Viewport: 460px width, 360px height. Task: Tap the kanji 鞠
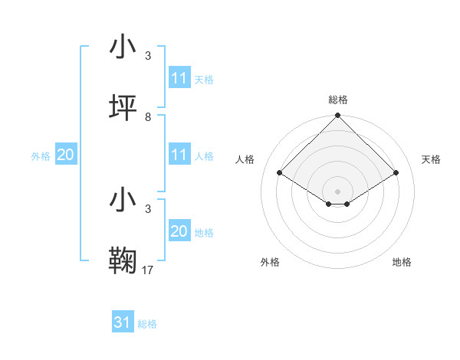[123, 259]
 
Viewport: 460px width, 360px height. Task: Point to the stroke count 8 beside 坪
[147, 116]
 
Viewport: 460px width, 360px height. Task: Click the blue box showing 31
[123, 322]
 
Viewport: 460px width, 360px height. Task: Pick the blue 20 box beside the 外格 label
[65, 155]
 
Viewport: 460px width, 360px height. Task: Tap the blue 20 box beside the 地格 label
[179, 231]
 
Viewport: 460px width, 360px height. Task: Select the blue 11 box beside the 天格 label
[179, 78]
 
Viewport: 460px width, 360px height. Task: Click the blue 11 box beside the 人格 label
[179, 155]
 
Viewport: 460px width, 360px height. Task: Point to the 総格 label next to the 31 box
[147, 324]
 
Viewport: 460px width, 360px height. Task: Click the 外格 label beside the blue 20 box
[41, 155]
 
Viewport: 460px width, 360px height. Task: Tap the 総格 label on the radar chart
[338, 100]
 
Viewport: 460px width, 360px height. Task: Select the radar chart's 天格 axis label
[431, 159]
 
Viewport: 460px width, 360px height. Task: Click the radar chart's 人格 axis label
[246, 159]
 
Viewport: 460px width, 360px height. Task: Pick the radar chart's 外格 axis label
[270, 262]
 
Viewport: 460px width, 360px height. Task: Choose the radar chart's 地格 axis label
[402, 262]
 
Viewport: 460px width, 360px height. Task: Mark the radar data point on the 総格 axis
[338, 116]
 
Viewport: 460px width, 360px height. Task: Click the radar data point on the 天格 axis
[396, 172]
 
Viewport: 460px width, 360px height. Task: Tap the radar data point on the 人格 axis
[280, 172]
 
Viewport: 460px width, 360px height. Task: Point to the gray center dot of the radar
[338, 191]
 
